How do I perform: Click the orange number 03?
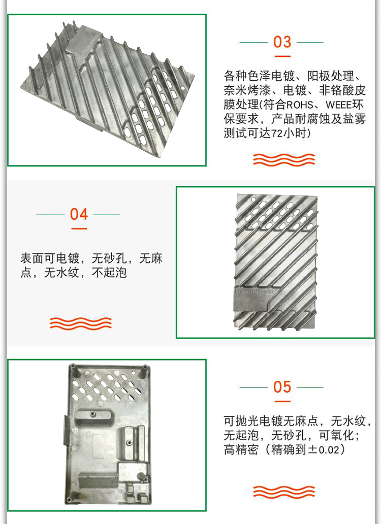[x=282, y=42]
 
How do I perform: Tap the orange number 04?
[x=79, y=214]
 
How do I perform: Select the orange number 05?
[x=282, y=387]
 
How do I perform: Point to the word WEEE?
[x=340, y=106]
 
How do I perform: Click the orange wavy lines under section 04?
[x=80, y=322]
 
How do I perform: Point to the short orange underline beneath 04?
[x=79, y=228]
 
